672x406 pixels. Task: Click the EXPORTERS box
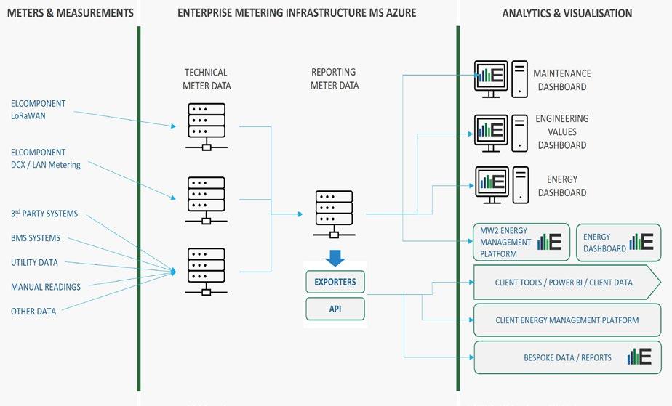[335, 281]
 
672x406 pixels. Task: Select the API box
[335, 309]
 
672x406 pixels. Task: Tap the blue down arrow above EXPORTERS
[335, 257]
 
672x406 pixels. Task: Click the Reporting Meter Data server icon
[334, 214]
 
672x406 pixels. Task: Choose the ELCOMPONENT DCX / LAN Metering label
[46, 158]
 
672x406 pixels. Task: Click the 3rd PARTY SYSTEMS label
[44, 214]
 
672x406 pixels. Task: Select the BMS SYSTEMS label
[36, 238]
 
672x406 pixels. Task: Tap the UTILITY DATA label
[34, 262]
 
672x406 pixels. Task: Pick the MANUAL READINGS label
[46, 287]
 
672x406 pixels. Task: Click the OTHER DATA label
[33, 312]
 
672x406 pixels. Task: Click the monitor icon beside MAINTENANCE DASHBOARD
[490, 76]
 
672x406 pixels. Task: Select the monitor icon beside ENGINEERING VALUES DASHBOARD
[490, 132]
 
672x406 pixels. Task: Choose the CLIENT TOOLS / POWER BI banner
[564, 283]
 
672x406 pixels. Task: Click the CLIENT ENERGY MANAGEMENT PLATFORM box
[567, 320]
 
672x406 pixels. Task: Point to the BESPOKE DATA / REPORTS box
[567, 357]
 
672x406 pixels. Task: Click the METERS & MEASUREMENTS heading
[68, 13]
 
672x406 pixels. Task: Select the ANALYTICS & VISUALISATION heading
[567, 13]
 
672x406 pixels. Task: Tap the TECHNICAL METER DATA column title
[206, 78]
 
